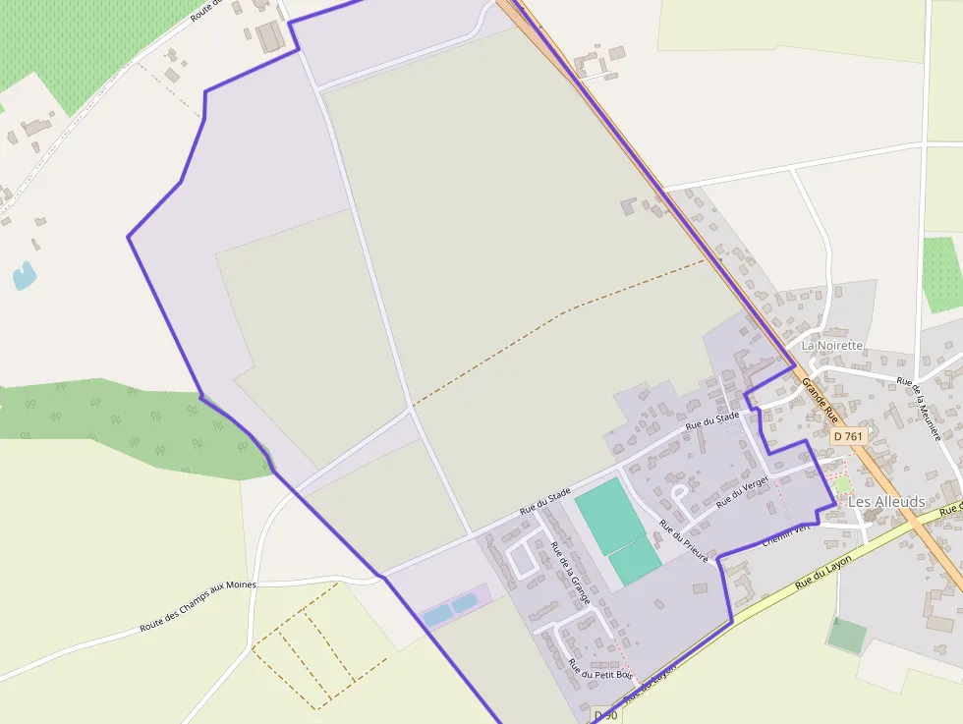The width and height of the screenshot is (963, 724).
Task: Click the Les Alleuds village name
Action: coord(886,502)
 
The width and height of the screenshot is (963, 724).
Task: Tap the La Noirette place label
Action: coord(831,346)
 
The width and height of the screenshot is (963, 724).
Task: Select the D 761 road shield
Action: coord(847,436)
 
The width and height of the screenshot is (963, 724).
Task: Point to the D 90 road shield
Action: coord(605,716)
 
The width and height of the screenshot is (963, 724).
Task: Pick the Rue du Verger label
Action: coord(742,491)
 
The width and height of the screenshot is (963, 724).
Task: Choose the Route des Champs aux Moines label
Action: coord(198,607)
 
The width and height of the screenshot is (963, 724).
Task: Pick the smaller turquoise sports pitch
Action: coord(635,562)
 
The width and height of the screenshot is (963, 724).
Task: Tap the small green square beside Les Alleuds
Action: coord(842,485)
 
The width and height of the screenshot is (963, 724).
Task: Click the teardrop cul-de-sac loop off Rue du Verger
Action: coord(678,491)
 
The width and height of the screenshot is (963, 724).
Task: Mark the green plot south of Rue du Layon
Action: coord(845,635)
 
